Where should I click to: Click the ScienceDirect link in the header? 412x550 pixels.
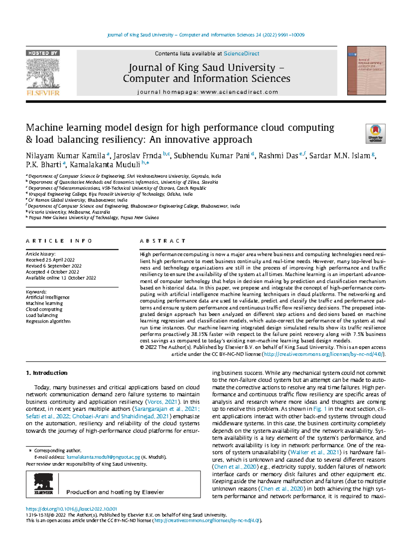pos(241,54)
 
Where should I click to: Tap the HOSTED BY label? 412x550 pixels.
pos(43,53)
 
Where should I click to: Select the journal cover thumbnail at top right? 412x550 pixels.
pos(366,71)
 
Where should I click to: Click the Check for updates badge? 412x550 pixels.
pos(376,133)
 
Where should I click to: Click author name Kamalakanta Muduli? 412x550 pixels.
pos(105,164)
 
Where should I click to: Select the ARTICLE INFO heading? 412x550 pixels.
pos(59,241)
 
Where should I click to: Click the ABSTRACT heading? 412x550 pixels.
pos(163,241)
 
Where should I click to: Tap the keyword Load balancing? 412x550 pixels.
pos(42,315)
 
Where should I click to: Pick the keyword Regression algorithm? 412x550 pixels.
pos(48,321)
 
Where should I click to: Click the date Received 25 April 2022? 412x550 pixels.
pos(50,260)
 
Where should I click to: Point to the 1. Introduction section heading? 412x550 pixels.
pos(47,373)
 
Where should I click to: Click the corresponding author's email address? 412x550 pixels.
pos(103,457)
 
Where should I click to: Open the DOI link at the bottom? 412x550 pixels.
pos(71,509)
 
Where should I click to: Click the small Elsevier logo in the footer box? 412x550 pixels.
pos(44,484)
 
